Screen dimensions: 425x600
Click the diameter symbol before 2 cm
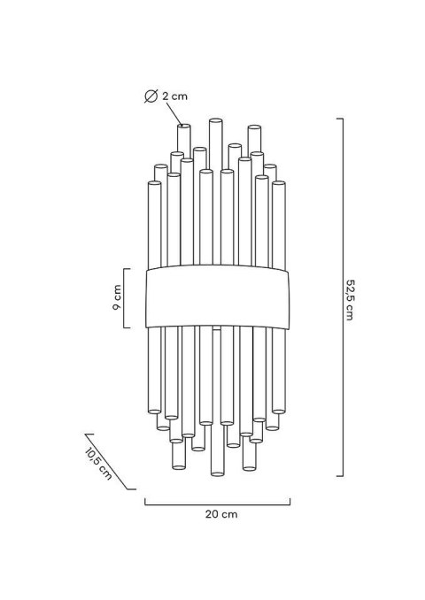click(x=151, y=96)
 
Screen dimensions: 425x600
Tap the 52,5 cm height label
click(x=350, y=299)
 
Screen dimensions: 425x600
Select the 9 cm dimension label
click(x=117, y=297)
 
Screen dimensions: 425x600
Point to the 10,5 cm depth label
click(x=98, y=463)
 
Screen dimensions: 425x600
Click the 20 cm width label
click(x=221, y=514)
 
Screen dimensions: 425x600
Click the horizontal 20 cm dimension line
click(x=218, y=504)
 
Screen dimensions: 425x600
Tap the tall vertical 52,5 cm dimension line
click(x=343, y=297)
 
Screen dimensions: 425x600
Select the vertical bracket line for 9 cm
click(x=124, y=298)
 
